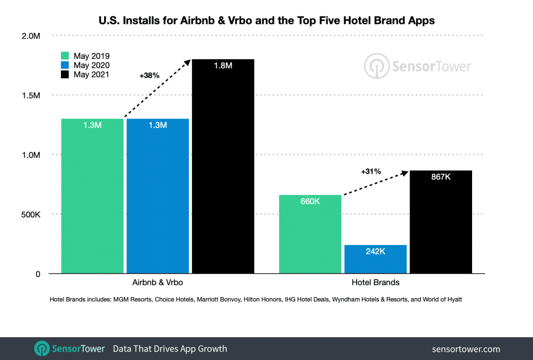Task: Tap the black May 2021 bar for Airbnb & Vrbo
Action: [223, 166]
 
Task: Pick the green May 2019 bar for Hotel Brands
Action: [310, 234]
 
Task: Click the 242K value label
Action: [375, 251]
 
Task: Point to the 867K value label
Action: [441, 177]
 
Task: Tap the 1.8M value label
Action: [223, 66]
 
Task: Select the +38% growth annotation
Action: [149, 75]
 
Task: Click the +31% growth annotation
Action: [371, 171]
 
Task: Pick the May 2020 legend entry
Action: [85, 66]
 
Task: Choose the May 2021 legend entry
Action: [85, 75]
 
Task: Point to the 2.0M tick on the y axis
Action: [31, 36]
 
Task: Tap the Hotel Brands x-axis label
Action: [375, 282]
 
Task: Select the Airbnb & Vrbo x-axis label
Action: [158, 282]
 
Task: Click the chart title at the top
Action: [266, 21]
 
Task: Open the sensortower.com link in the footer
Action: [466, 349]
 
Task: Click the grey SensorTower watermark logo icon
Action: [375, 66]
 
